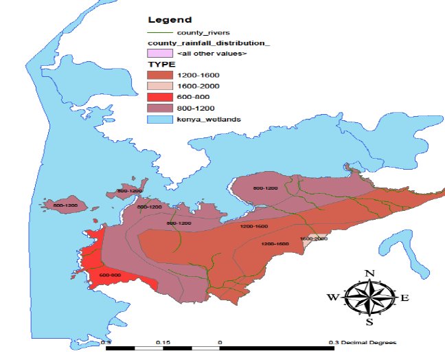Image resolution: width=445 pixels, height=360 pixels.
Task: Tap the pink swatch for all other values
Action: [158, 53]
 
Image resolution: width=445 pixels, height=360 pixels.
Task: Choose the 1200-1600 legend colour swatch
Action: [158, 74]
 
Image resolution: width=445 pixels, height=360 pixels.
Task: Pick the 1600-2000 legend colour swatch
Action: [158, 85]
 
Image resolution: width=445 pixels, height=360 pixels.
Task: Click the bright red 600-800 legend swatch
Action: [158, 97]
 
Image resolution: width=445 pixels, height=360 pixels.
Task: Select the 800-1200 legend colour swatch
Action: [158, 108]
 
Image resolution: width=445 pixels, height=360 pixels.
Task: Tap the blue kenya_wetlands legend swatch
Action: [158, 120]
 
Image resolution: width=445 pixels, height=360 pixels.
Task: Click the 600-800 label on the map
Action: [111, 275]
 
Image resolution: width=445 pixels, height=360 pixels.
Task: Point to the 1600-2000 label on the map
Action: [313, 238]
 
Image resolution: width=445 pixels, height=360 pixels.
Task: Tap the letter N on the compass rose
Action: [369, 273]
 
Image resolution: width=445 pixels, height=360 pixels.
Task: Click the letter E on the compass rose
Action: [404, 297]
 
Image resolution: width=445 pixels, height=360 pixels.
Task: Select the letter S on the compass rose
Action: [369, 322]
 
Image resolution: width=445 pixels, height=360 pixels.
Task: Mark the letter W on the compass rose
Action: [334, 297]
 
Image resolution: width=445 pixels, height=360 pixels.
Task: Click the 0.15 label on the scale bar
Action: [163, 341]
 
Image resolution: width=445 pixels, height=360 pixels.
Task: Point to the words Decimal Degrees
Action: [372, 341]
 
